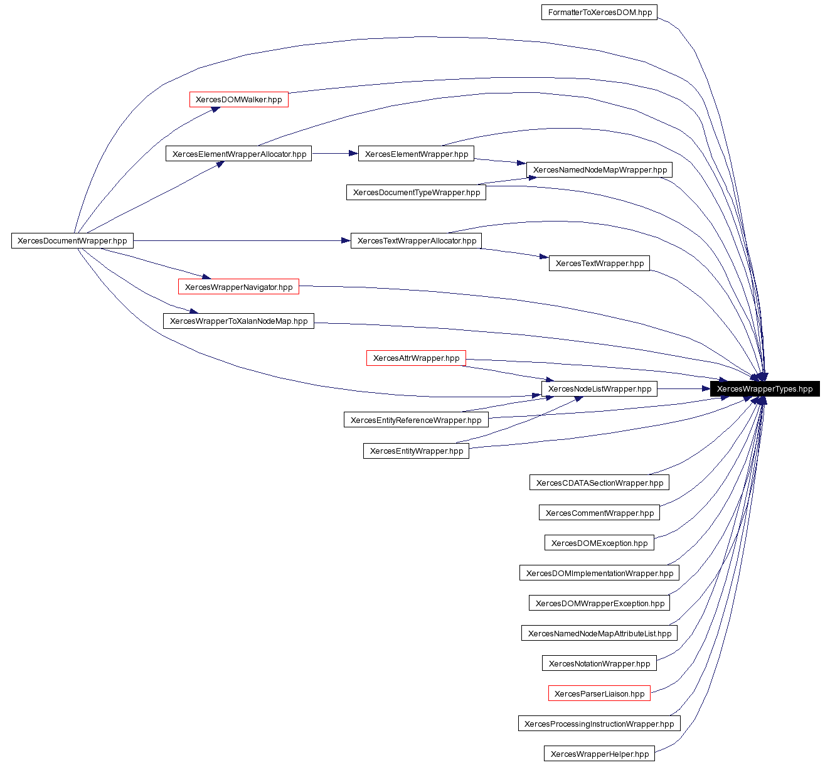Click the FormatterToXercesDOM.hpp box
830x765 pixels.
coord(599,13)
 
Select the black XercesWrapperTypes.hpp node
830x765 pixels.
coord(764,389)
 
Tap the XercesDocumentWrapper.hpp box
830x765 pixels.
coord(72,241)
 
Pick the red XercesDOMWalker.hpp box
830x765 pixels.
coord(238,100)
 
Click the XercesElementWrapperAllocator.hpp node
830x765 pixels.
coord(239,154)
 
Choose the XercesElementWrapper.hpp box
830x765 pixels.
coord(416,154)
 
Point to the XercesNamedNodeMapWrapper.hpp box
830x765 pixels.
coord(600,170)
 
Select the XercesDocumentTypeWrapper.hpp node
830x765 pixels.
coord(416,193)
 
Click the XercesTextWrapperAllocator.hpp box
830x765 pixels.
coord(417,241)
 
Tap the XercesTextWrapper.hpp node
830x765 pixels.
coord(599,264)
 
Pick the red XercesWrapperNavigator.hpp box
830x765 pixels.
coord(238,287)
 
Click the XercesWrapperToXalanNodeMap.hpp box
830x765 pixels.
coord(238,321)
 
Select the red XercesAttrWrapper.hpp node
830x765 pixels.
coord(416,358)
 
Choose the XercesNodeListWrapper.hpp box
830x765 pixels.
coord(599,389)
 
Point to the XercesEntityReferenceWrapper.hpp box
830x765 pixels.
coord(416,420)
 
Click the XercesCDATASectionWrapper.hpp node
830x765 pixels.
coord(599,483)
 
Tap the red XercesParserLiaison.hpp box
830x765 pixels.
coord(599,694)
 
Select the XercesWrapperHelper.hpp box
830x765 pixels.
coord(599,754)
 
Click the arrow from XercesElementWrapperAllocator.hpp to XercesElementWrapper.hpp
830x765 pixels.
coord(335,153)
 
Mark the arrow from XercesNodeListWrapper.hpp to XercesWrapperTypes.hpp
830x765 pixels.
coord(684,389)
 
